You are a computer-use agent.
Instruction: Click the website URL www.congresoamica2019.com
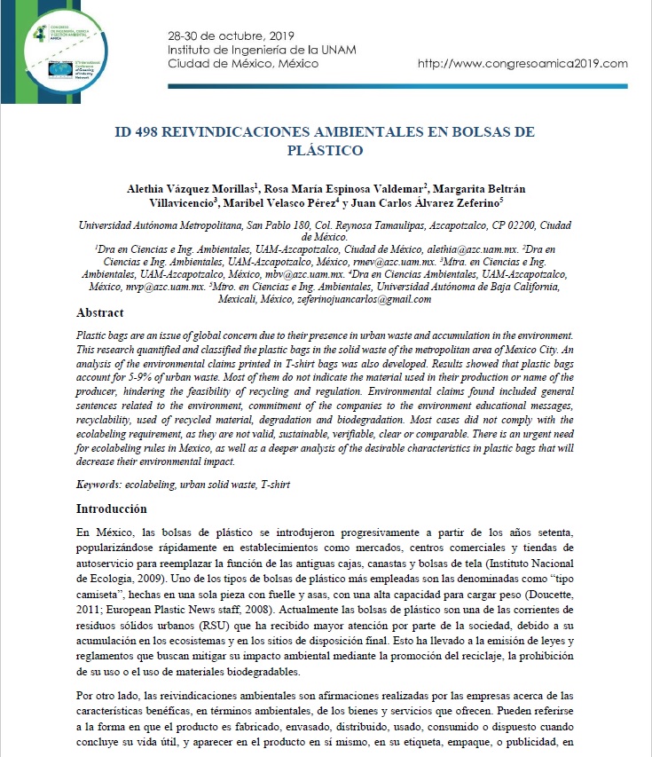(522, 64)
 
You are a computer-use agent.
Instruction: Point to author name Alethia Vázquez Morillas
(192, 188)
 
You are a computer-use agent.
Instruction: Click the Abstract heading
(100, 313)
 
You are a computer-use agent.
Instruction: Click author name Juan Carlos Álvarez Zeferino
(460, 202)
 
